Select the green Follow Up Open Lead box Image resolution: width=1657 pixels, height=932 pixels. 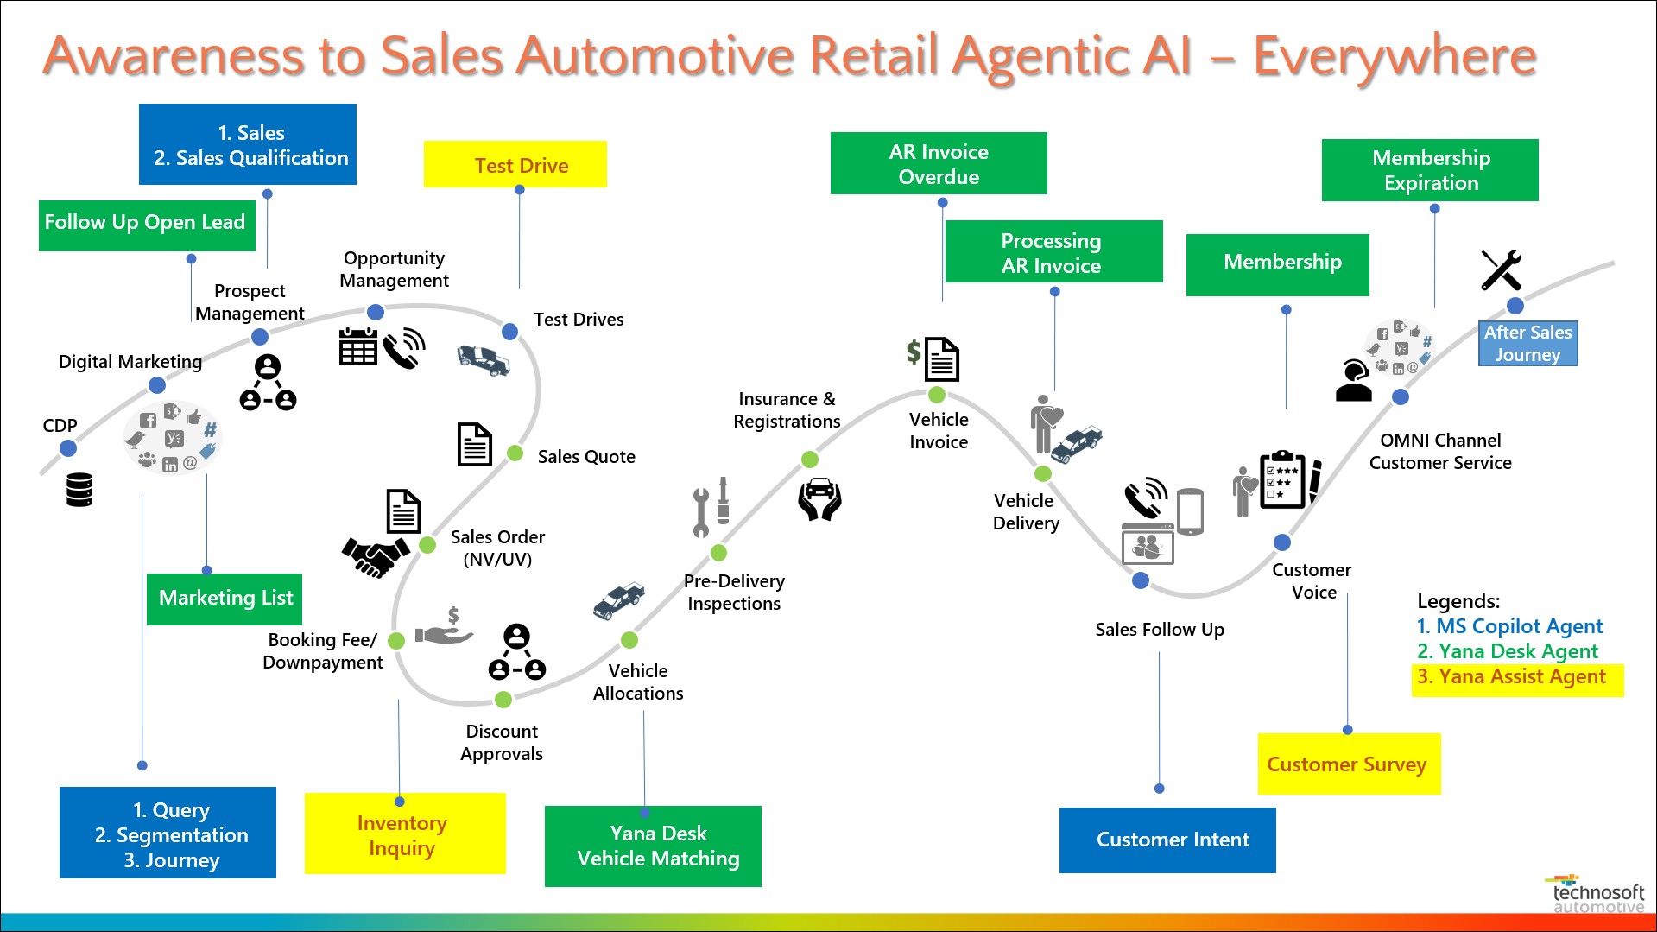pos(147,225)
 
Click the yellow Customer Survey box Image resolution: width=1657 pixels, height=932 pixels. pos(1349,764)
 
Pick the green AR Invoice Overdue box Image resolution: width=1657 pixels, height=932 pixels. pos(939,163)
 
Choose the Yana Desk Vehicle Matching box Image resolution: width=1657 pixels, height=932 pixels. pos(653,846)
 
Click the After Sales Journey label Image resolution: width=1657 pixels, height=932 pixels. pos(1527,344)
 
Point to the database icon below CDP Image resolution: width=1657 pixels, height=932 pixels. pos(79,490)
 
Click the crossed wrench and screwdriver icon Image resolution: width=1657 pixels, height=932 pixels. pos(1501,270)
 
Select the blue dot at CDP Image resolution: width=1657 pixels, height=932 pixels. pos(68,448)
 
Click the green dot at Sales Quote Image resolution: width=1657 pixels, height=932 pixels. pos(515,453)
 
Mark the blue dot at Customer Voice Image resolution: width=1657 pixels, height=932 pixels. pos(1282,542)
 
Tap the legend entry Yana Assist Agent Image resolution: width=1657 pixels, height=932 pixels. pos(1511,677)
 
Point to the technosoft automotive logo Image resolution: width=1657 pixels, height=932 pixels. pos(1597,895)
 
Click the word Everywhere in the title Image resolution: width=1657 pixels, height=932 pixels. pos(1394,56)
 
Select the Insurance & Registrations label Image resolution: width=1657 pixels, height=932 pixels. pos(787,410)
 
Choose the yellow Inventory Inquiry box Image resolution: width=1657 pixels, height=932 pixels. pos(404,835)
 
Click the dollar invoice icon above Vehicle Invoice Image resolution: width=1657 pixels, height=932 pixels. pos(933,358)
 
